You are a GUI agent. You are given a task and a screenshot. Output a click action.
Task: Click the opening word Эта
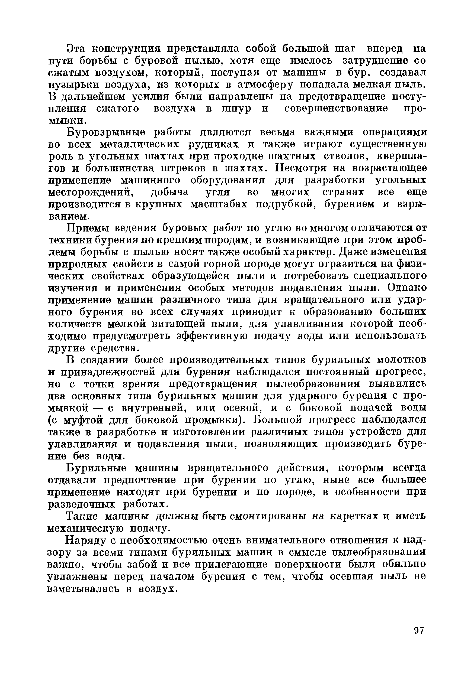(x=76, y=48)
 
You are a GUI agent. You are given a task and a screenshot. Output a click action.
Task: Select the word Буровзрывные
(x=106, y=132)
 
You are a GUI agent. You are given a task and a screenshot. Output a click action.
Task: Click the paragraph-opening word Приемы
(x=87, y=228)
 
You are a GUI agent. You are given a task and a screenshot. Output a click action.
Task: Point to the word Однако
(x=407, y=288)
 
